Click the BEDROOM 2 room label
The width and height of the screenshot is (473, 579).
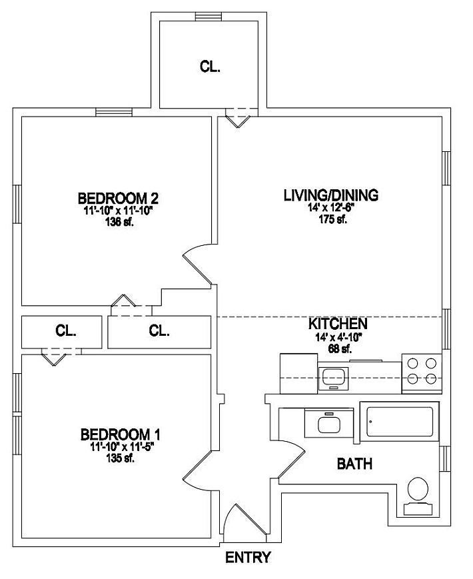[x=118, y=199]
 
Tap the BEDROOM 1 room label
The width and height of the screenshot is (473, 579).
[x=121, y=434]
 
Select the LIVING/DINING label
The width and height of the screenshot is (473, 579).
[x=331, y=195]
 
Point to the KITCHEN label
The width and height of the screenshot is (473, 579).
[x=338, y=324]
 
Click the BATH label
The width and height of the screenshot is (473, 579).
[x=354, y=464]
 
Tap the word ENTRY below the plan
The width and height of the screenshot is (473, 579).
[x=248, y=557]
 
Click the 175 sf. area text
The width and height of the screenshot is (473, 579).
[x=332, y=220]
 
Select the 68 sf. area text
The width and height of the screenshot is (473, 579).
[x=340, y=348]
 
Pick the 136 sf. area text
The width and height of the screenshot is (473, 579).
[x=119, y=223]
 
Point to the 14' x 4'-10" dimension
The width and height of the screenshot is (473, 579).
[x=338, y=337]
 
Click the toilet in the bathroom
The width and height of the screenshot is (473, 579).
[x=418, y=496]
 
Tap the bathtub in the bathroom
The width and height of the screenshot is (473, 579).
[x=400, y=421]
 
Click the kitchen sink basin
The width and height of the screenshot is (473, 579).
[x=334, y=378]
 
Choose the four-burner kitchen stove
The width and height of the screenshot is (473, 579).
[x=422, y=373]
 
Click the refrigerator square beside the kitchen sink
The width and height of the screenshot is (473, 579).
[x=298, y=374]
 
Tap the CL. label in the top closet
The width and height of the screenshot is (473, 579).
[x=210, y=67]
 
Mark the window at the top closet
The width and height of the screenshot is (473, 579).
[x=209, y=16]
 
